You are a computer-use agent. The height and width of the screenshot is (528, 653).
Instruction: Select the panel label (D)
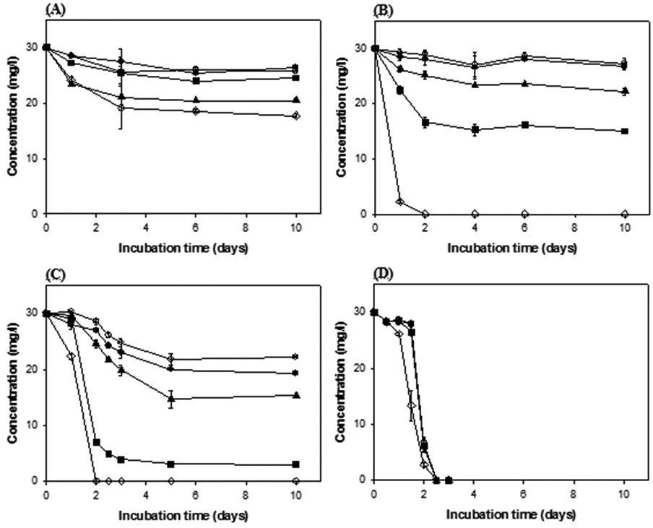384,276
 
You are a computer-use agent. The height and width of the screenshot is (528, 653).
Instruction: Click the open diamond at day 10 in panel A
296,116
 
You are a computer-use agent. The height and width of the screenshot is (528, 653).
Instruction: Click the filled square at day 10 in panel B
624,131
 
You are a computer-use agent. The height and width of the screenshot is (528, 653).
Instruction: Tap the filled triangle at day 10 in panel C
296,395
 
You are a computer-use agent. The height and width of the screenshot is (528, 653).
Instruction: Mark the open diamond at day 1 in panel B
399,202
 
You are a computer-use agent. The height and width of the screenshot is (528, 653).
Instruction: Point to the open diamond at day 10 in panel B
624,214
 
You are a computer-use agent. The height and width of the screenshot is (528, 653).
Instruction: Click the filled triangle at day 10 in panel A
296,100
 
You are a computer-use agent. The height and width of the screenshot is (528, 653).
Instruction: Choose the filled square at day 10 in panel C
296,464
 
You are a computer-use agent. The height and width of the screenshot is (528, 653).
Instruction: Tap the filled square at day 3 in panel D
449,480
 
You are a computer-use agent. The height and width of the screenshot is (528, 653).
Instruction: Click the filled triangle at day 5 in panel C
171,398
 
